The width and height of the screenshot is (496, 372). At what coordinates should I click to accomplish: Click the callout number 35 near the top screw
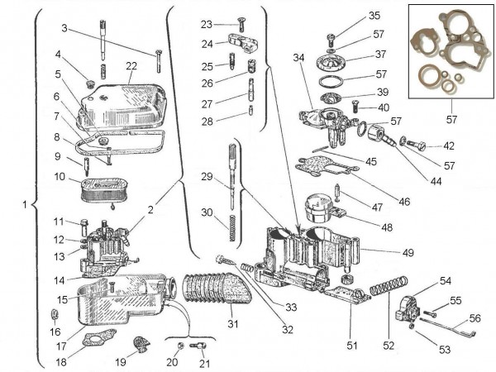351,16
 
